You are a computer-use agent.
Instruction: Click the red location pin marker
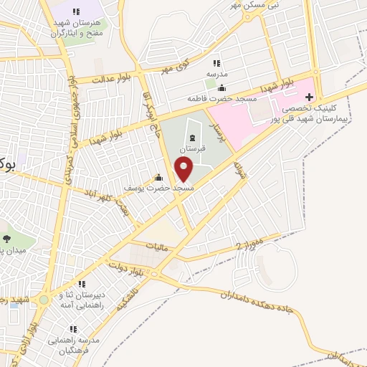tap(184, 169)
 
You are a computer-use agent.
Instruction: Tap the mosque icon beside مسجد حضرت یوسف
tap(159, 178)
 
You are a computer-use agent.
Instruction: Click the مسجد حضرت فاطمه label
tap(211, 97)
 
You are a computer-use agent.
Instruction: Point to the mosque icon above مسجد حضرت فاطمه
tap(211, 87)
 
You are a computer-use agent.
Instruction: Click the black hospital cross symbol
tap(310, 95)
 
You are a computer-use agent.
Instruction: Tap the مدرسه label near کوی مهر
tap(216, 74)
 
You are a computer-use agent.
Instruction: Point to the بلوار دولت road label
tap(127, 270)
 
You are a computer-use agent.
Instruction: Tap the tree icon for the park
tap(6, 239)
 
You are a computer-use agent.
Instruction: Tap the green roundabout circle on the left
tap(44, 300)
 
